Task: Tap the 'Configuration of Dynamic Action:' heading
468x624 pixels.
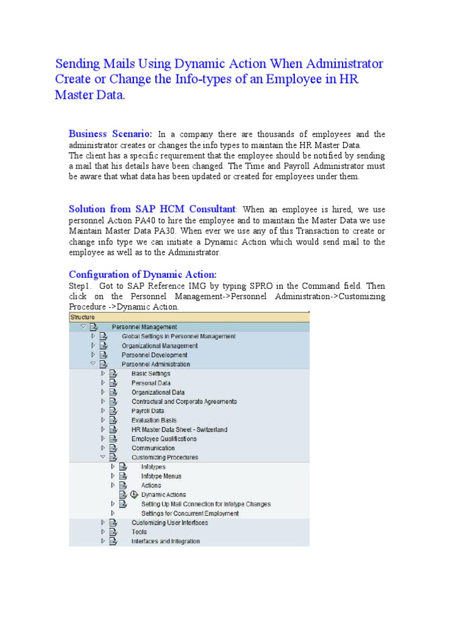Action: (143, 274)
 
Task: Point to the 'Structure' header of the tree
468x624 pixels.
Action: (83, 317)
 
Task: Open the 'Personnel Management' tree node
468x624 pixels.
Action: (144, 327)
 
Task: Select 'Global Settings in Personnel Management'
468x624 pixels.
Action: (179, 336)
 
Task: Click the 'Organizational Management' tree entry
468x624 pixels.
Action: (160, 346)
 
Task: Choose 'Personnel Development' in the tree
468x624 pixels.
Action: (154, 355)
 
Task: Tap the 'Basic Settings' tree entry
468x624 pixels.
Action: (151, 374)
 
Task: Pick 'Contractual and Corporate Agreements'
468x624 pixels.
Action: (184, 402)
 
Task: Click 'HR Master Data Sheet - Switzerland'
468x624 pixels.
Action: (179, 430)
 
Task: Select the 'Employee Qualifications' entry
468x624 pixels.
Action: (164, 439)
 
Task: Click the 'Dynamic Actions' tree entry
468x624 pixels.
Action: (164, 495)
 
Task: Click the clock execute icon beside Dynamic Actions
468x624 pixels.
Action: (134, 495)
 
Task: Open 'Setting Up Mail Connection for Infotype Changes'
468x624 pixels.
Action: (206, 504)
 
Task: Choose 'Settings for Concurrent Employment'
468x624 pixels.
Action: (190, 514)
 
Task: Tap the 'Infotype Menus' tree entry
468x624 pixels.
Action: (161, 476)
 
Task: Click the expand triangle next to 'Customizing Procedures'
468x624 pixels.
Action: (103, 457)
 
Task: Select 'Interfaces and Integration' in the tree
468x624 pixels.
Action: (165, 541)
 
